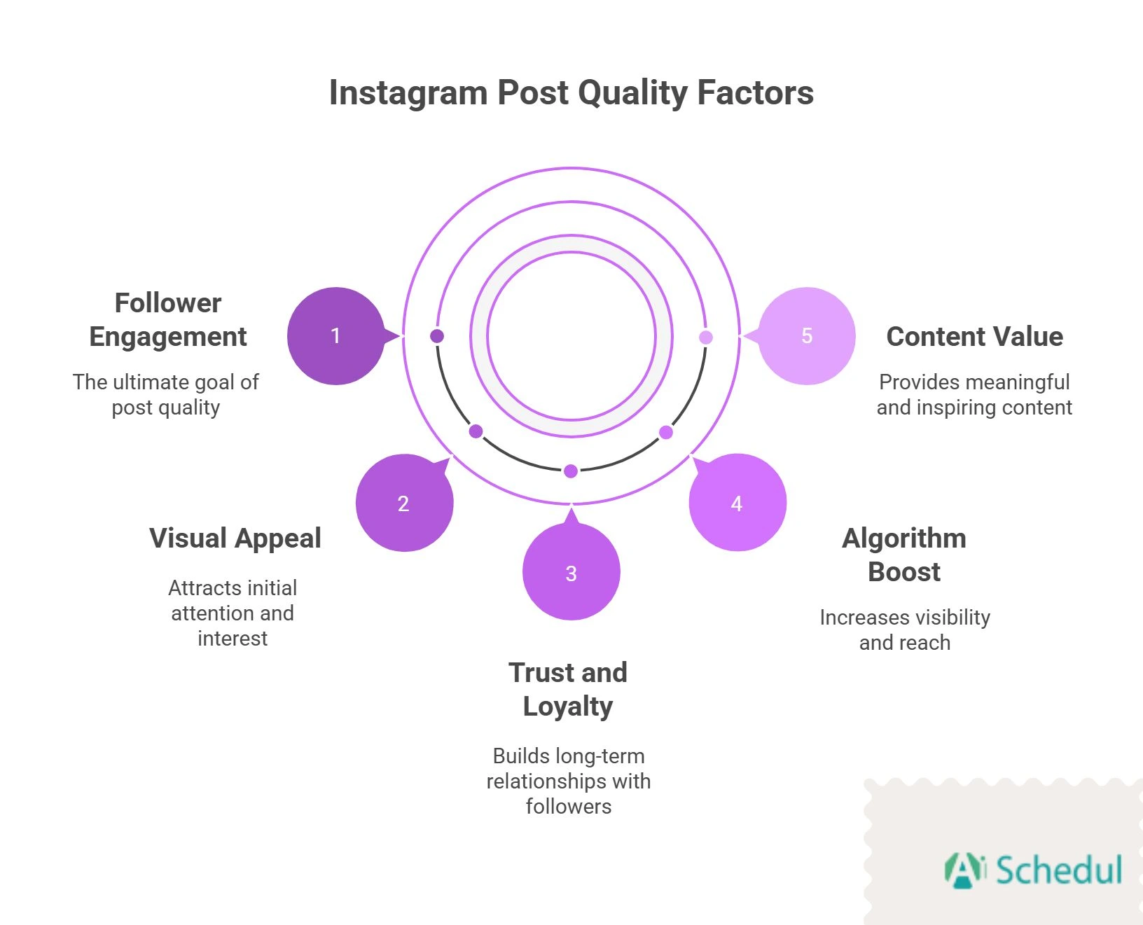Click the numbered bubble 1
click(x=335, y=336)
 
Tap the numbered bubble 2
click(x=404, y=503)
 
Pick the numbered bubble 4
click(x=737, y=503)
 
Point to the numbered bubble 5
click(x=807, y=336)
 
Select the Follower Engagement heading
click(x=168, y=320)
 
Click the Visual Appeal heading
click(x=235, y=538)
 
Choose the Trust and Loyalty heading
click(x=568, y=690)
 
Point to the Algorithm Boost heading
click(x=904, y=555)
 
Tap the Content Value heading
click(x=974, y=337)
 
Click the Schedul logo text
click(x=1058, y=870)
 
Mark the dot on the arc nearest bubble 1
click(x=437, y=336)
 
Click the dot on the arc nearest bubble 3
click(x=571, y=471)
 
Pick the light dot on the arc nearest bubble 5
click(x=706, y=338)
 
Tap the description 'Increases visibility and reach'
click(x=905, y=630)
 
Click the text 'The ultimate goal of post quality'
click(x=166, y=395)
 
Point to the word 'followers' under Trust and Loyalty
click(x=569, y=807)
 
